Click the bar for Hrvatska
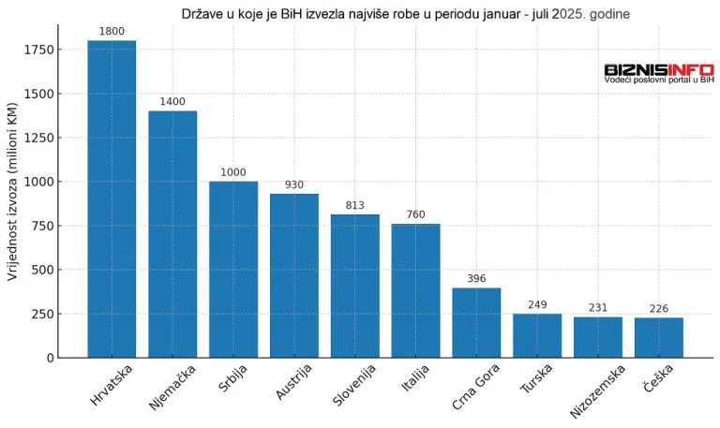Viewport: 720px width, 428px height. tap(112, 199)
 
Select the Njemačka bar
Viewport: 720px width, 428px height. tap(172, 234)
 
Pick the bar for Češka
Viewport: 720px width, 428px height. tap(658, 337)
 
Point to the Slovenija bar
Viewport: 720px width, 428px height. tap(354, 286)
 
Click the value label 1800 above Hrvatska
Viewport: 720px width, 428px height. tap(112, 31)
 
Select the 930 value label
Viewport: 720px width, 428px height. tap(294, 184)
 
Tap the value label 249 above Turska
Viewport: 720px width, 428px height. tap(537, 304)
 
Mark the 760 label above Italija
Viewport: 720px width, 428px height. tap(415, 214)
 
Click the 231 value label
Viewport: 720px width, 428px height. tap(598, 307)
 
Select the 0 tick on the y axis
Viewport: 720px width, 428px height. tap(49, 358)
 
